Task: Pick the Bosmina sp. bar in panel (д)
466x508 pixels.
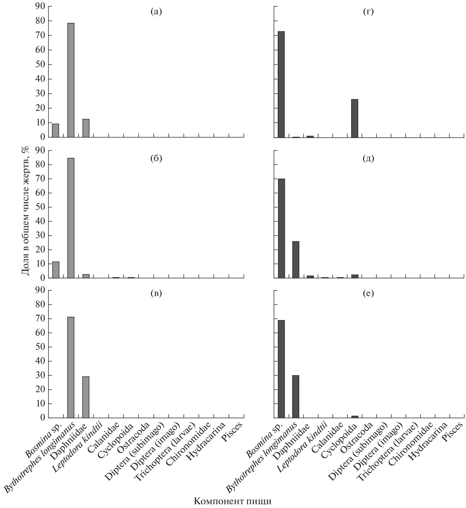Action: click(281, 228)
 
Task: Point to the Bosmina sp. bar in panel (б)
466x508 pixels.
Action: click(56, 270)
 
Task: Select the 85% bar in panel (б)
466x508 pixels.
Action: click(71, 218)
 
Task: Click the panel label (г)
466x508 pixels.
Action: click(368, 12)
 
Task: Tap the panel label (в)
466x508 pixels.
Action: click(156, 293)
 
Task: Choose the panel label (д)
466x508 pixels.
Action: click(368, 159)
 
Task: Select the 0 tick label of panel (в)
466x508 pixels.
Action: click(42, 418)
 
